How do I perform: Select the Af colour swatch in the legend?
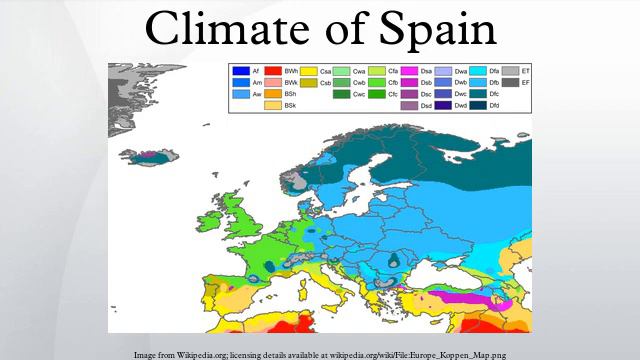tap(240, 71)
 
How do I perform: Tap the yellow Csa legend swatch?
tap(310, 71)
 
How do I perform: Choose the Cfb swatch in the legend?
tap(379, 83)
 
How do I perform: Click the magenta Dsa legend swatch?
tap(410, 71)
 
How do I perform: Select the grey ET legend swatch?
tap(509, 71)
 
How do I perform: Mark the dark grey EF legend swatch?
tap(509, 83)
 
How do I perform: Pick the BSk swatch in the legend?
tap(273, 105)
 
